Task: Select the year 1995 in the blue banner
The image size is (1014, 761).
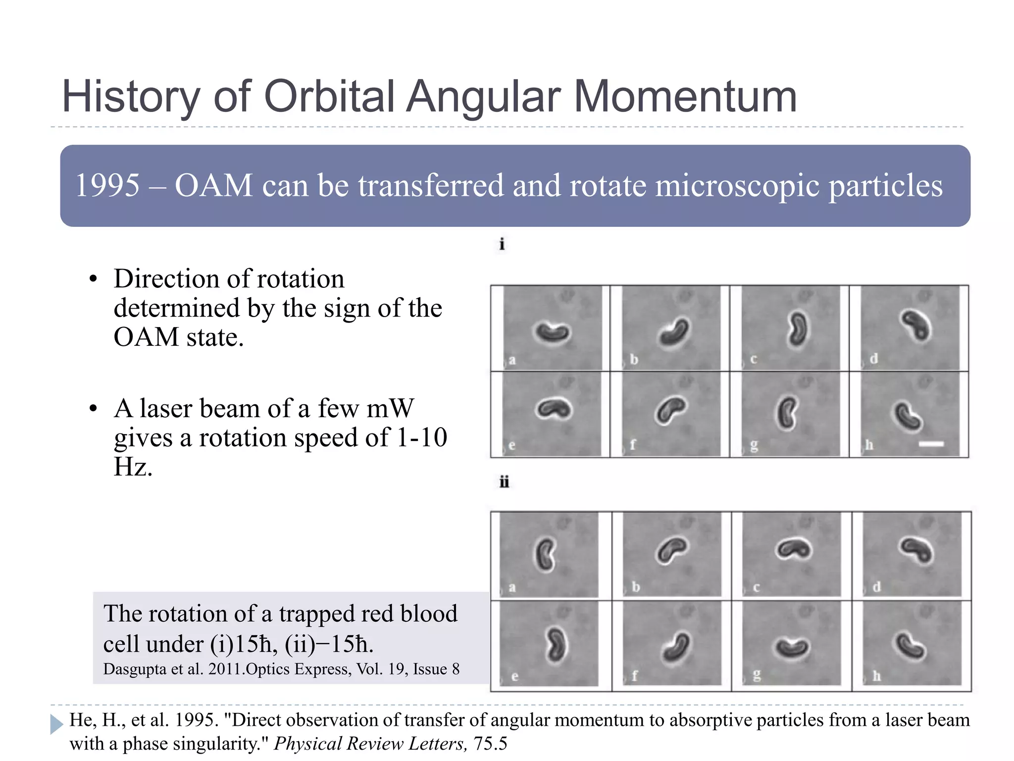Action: pos(107,185)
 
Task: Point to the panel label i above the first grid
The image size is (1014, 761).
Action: pos(502,244)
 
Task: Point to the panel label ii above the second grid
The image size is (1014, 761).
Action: pos(504,482)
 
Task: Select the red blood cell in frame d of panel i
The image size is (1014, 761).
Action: pos(915,325)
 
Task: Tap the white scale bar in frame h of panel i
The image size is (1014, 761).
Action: pos(931,444)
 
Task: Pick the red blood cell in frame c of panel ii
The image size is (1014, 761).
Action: pos(794,549)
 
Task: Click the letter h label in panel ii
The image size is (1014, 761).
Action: pos(876,676)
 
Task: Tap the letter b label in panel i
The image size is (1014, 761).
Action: pos(634,359)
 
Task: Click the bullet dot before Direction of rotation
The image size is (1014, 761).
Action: pos(93,279)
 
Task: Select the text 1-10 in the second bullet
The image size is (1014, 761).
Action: pos(422,437)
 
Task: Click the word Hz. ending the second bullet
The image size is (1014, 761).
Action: pos(133,467)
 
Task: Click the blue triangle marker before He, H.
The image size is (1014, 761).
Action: pos(56,724)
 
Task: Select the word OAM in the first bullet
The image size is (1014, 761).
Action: pos(146,337)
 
